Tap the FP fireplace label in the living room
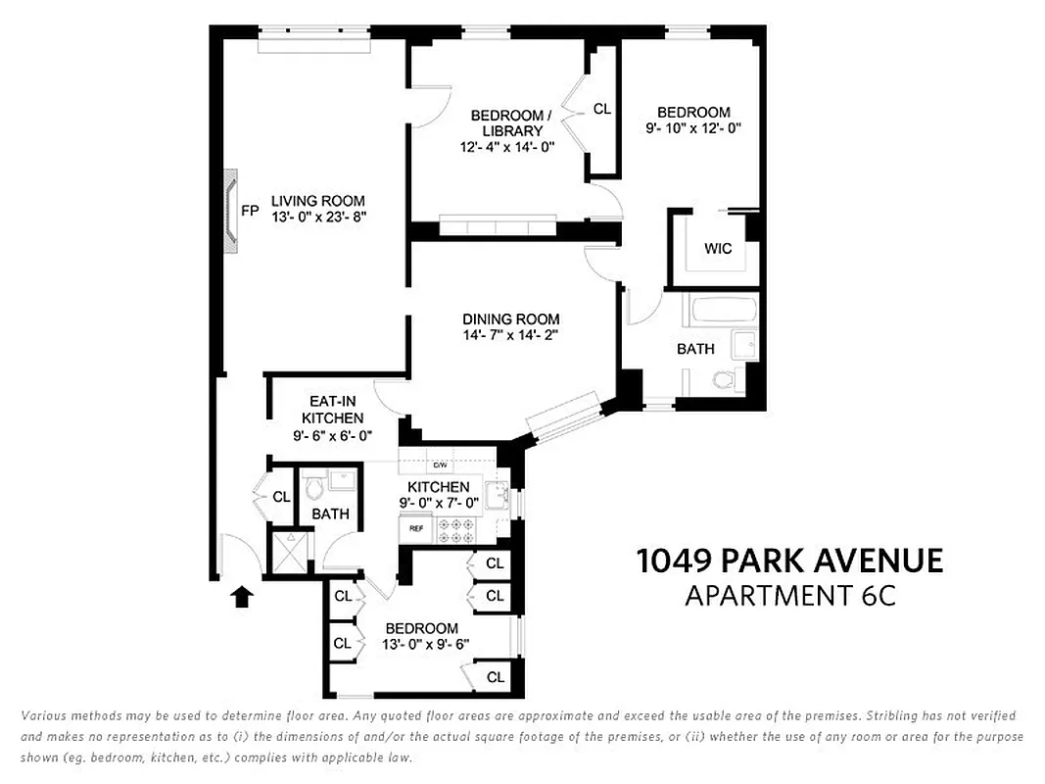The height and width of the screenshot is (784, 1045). [x=250, y=211]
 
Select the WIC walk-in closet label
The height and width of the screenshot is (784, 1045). [x=718, y=248]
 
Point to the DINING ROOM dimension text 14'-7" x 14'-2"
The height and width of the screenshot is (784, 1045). [x=510, y=335]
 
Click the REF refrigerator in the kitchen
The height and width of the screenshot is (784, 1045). [x=416, y=528]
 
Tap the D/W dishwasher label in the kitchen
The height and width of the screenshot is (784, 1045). [x=440, y=465]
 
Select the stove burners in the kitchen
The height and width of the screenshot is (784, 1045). [x=455, y=530]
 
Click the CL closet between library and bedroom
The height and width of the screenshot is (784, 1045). [x=602, y=110]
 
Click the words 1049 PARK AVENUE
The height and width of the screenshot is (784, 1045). [x=789, y=561]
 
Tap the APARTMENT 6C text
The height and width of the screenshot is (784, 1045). [x=789, y=595]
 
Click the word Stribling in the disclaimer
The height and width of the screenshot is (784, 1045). [x=870, y=716]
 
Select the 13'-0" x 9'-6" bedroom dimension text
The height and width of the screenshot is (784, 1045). [x=426, y=645]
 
